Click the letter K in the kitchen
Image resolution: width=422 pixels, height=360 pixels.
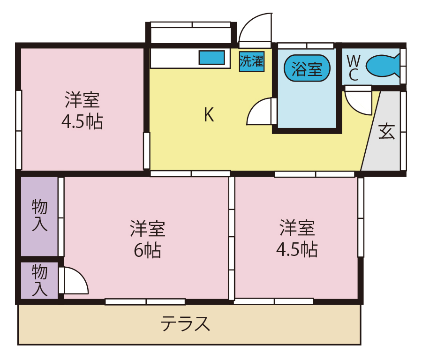[209, 115]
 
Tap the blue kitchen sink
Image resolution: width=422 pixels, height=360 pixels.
[211, 58]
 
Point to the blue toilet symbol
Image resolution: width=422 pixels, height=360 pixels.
[382, 66]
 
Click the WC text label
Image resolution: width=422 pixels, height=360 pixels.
[354, 68]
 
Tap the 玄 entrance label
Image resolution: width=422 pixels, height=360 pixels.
[387, 132]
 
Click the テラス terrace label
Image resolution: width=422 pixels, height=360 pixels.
[185, 324]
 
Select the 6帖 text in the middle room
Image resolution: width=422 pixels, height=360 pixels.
[147, 251]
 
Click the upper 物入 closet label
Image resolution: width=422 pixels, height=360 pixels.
[39, 215]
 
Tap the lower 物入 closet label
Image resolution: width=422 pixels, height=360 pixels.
[39, 280]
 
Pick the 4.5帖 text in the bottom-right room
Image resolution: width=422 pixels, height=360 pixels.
[297, 249]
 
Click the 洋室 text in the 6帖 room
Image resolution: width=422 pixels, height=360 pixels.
[147, 229]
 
